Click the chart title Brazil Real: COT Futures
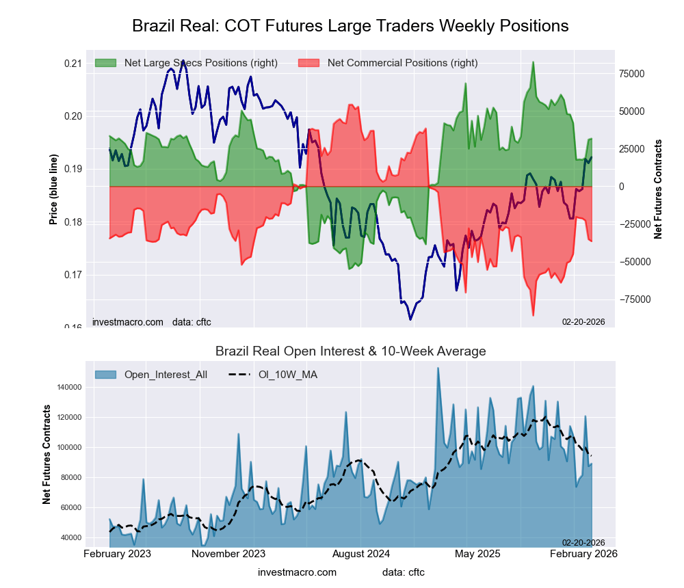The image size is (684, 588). [x=350, y=26]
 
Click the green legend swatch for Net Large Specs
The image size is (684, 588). [x=106, y=63]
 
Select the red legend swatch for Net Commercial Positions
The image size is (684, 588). [x=309, y=63]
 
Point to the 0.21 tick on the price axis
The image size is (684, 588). [x=73, y=64]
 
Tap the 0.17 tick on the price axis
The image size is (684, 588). [x=73, y=275]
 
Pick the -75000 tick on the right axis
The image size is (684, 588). [x=633, y=299]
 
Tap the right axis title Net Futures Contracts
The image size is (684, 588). [x=658, y=189]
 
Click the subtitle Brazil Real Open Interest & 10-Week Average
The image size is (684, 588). [x=350, y=351]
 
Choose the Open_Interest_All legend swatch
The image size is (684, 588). [x=106, y=374]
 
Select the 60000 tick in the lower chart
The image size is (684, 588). [x=69, y=507]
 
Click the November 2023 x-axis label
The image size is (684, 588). [x=228, y=553]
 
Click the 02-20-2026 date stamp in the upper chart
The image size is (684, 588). [x=583, y=321]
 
